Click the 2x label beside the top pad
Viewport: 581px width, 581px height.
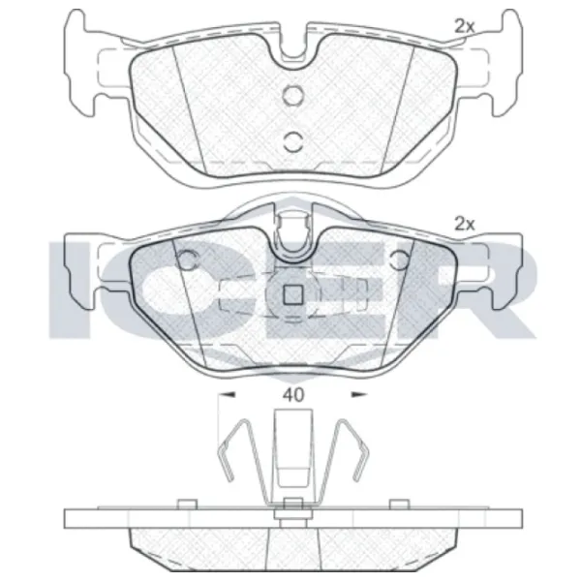(x=464, y=26)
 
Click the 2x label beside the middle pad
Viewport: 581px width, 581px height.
(x=464, y=224)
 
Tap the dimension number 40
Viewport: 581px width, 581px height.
(x=293, y=395)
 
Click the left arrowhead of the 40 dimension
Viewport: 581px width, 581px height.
(x=227, y=395)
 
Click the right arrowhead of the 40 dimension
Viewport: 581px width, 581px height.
(x=359, y=395)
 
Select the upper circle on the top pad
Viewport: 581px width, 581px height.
(x=292, y=94)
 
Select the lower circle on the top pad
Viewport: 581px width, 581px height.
(x=293, y=141)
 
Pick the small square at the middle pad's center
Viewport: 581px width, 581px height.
(x=293, y=295)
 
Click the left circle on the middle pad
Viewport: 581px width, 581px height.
(x=186, y=260)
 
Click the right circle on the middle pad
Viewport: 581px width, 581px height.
(x=400, y=260)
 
